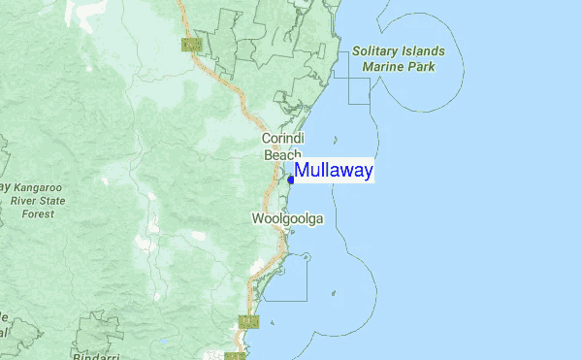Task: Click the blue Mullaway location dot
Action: coord(291,180)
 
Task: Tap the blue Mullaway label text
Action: coord(334,171)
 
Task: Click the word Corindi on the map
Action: coord(283,140)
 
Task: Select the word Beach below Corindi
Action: coord(282,155)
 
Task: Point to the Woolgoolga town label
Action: coord(287,219)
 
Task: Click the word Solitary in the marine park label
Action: coord(377,51)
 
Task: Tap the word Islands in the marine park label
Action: coord(426,51)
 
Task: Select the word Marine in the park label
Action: coord(382,67)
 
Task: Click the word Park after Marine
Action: coord(421,67)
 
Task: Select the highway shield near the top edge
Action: coord(191,44)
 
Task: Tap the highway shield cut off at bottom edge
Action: coord(233,356)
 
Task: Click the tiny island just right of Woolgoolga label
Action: coord(307,256)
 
